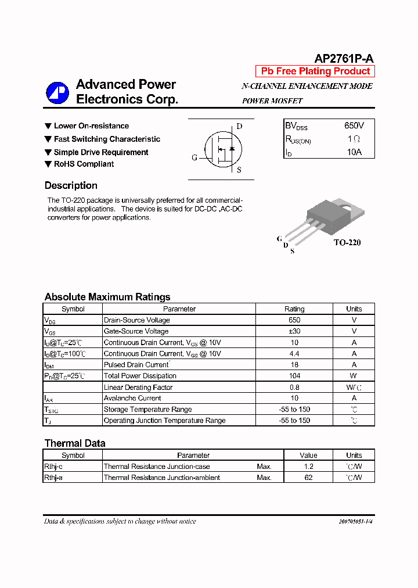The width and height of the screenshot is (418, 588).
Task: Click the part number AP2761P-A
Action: (344, 58)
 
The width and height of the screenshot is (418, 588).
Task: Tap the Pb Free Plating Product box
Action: (315, 71)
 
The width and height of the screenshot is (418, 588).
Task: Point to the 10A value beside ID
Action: (354, 152)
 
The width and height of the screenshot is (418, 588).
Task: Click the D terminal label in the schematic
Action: (239, 126)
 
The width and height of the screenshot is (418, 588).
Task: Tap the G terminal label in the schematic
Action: (194, 157)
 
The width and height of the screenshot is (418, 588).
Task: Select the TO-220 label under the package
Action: (347, 242)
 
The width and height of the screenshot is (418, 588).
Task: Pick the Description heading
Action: (71, 186)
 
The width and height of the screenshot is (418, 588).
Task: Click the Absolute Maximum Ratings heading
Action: (107, 297)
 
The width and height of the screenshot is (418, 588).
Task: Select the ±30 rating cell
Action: (294, 331)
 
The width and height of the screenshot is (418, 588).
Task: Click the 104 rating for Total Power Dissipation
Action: (294, 376)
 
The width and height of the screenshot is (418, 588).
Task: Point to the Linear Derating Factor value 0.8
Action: (294, 387)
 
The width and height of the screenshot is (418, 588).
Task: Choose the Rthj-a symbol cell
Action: (53, 478)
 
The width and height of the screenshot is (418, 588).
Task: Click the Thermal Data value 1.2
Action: (308, 467)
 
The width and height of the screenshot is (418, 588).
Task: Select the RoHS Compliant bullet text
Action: (84, 164)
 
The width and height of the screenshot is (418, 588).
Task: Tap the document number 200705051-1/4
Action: (356, 522)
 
